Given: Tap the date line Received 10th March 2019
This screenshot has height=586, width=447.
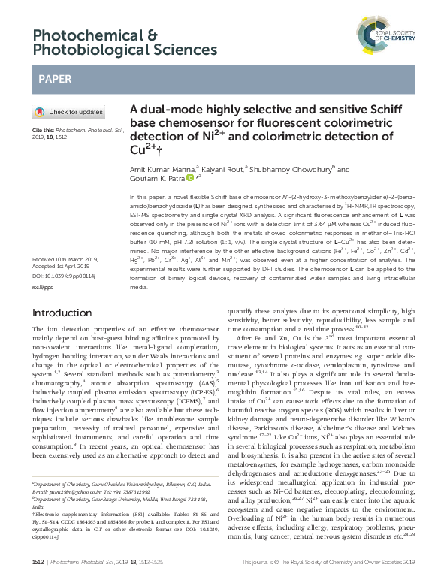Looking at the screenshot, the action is click(65, 259).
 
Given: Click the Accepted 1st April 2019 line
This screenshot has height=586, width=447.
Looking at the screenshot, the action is click(61, 268).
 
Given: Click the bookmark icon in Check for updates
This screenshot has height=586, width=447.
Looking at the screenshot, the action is click(39, 112).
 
